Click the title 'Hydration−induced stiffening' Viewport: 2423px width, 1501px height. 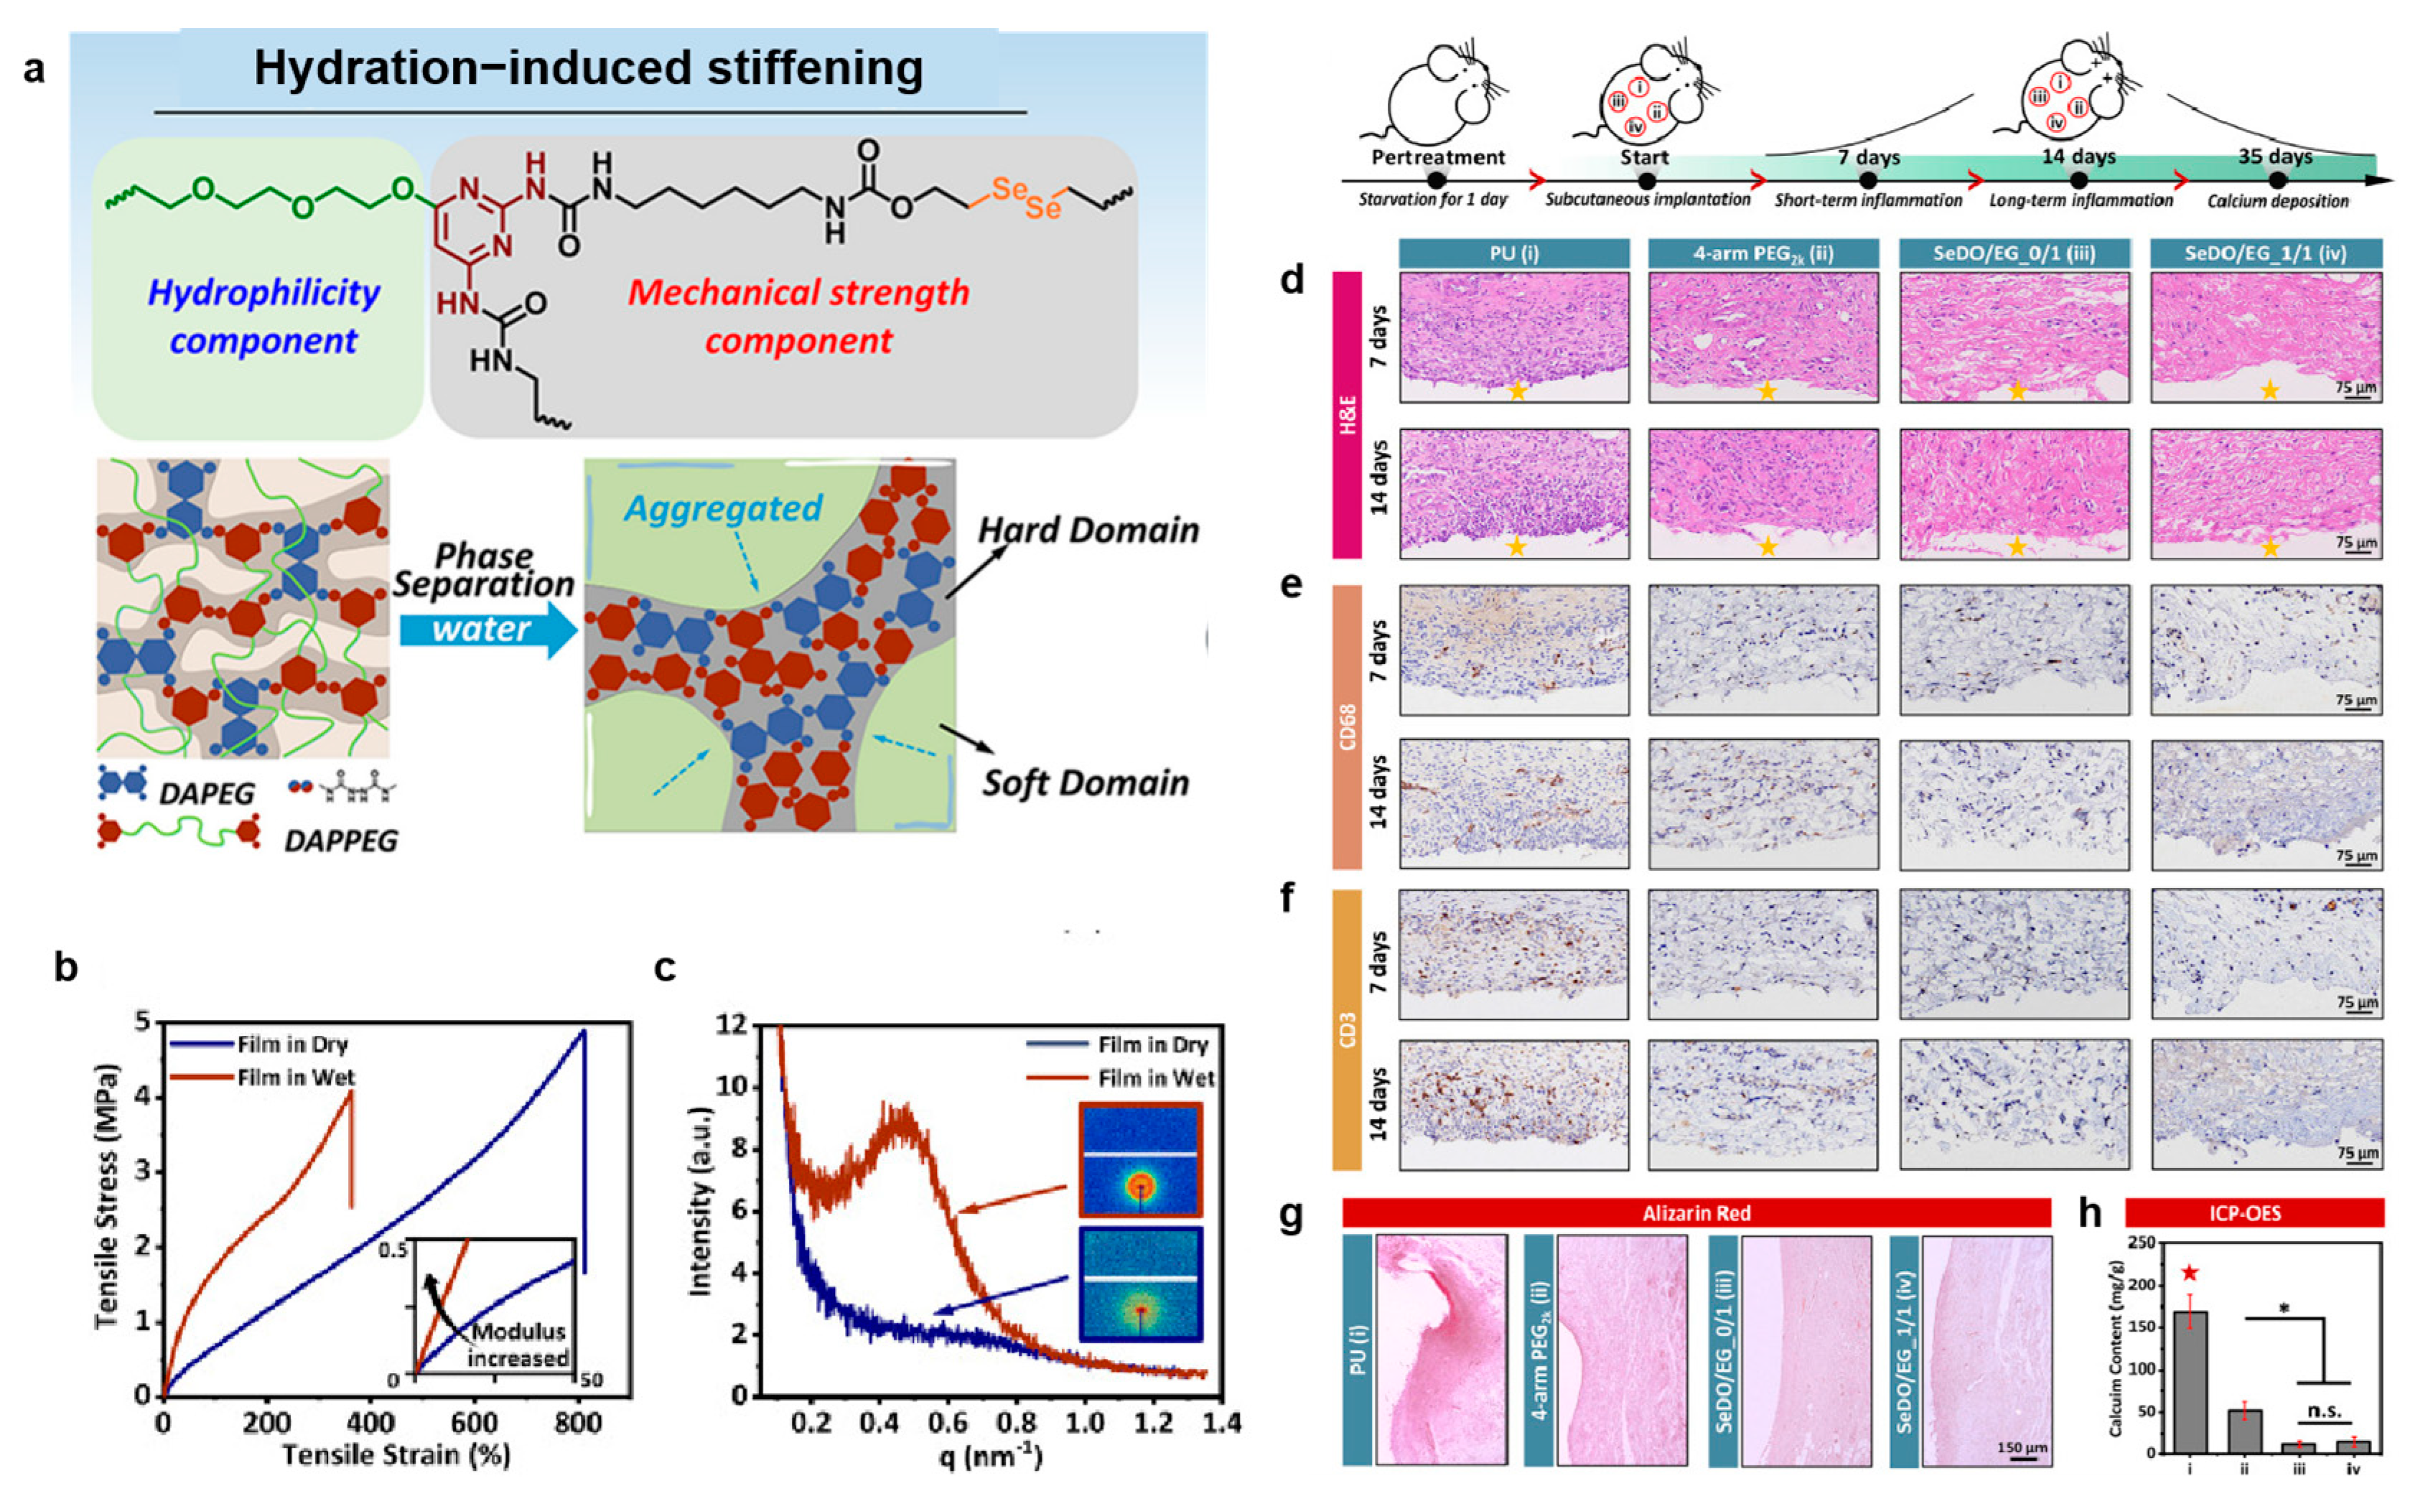click(589, 68)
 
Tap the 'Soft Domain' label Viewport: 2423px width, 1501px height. click(1085, 783)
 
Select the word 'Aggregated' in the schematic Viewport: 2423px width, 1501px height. click(723, 508)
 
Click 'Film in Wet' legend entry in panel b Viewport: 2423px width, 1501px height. click(295, 1077)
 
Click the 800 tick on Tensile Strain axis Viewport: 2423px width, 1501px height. click(576, 1423)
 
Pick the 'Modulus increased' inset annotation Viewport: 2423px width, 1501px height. click(519, 1344)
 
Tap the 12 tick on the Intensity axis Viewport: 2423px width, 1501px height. click(731, 1024)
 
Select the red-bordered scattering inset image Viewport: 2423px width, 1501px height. click(1141, 1159)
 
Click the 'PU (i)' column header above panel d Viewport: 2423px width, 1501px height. click(1514, 253)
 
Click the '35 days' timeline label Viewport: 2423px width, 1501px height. click(2275, 157)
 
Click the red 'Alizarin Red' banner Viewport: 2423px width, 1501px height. click(1696, 1213)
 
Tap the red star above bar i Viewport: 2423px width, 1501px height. click(2190, 1273)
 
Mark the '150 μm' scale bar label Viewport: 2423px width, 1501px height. click(2022, 1447)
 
